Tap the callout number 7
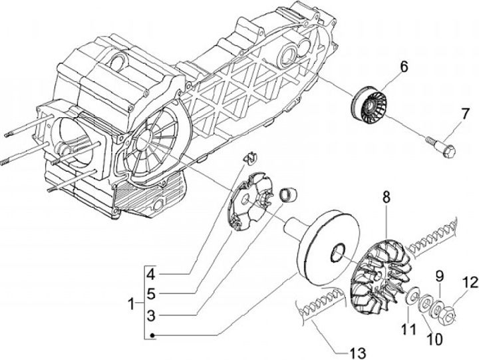pos(464,114)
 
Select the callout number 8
pos(386,198)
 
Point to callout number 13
pos(358,353)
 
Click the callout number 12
pos(470,282)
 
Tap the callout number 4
pos(150,274)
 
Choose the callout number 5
pos(151,294)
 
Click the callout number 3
pos(151,315)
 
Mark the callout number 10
pos(434,339)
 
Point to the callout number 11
pos(408,329)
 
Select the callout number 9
pos(439,277)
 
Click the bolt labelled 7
pos(442,148)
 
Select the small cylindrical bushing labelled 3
pos(288,195)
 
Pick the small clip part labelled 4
pos(250,158)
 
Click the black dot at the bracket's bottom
pos(153,335)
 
